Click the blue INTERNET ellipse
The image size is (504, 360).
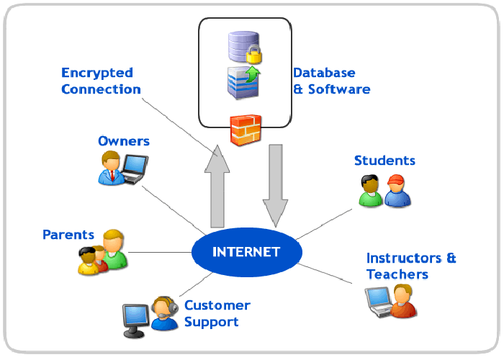246,252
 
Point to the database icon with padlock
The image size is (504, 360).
242,46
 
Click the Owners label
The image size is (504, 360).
124,140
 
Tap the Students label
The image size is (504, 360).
384,160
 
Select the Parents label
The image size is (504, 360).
68,235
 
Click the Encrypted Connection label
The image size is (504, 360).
101,81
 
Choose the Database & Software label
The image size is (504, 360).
331,81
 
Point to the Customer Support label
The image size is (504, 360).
217,313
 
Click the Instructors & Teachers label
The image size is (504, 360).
411,266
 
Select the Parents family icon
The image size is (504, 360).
102,252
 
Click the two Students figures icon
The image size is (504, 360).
383,190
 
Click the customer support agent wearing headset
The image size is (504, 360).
164,313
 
